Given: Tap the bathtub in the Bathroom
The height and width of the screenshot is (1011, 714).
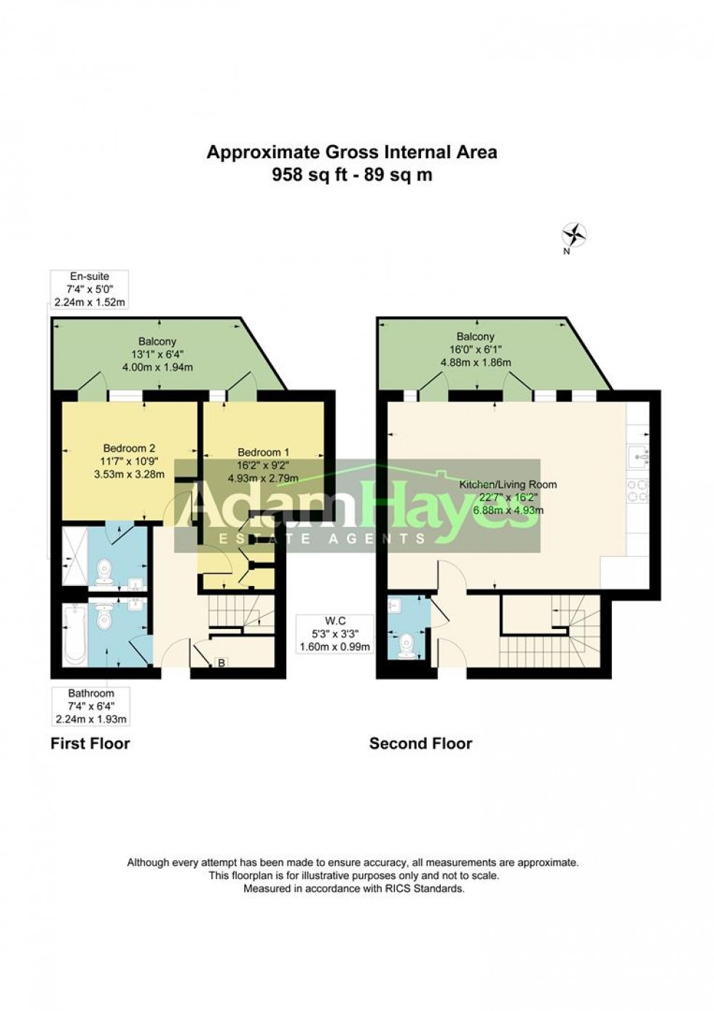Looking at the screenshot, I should (x=75, y=638).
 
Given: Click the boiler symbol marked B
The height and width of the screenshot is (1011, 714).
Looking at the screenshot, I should (x=221, y=663).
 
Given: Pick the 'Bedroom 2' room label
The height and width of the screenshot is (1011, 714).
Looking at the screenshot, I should (x=129, y=448).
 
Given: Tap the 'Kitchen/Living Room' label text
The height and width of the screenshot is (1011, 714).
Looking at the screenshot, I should (x=508, y=485).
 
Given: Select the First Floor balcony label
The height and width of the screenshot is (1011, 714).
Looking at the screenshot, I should (x=157, y=341).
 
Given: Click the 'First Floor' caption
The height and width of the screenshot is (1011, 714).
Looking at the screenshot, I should (x=90, y=743).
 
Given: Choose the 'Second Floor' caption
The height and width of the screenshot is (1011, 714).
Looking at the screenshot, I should (x=420, y=743).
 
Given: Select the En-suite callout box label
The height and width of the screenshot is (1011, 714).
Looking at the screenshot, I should (x=89, y=276).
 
